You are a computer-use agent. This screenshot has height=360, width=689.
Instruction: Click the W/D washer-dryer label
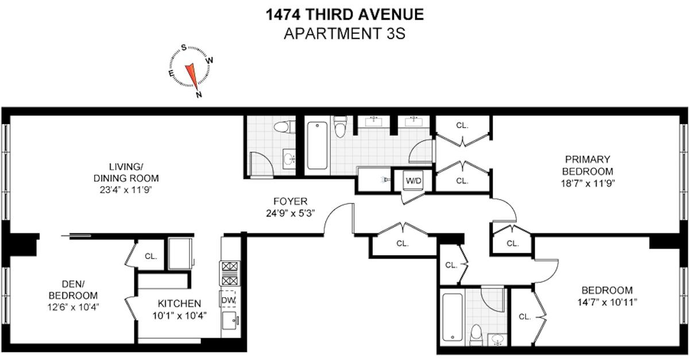413,181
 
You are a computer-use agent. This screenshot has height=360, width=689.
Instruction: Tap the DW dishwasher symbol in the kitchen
228,299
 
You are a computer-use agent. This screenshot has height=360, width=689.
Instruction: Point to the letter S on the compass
184,48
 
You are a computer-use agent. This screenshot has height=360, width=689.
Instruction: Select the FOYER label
291,201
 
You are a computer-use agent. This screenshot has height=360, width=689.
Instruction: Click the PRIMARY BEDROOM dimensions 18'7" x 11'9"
588,183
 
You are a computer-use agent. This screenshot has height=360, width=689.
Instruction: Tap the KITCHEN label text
179,304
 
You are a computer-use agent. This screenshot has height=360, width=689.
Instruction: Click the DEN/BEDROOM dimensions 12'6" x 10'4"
73,307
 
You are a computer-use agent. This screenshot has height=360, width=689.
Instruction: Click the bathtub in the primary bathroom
317,145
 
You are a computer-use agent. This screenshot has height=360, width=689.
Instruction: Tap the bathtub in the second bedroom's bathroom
452,318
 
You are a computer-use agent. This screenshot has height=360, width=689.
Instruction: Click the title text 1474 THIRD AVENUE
345,14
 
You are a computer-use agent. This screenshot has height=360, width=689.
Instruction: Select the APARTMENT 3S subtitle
344,33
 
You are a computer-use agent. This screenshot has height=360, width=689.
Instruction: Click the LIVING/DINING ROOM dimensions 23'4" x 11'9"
126,190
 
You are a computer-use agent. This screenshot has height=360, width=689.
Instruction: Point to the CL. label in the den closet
150,256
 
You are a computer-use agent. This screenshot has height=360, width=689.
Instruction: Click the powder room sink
289,159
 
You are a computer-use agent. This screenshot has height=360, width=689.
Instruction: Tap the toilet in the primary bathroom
340,127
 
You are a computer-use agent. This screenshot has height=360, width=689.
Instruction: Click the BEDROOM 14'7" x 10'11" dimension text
607,303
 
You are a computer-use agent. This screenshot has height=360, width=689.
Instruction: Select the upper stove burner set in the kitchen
230,266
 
